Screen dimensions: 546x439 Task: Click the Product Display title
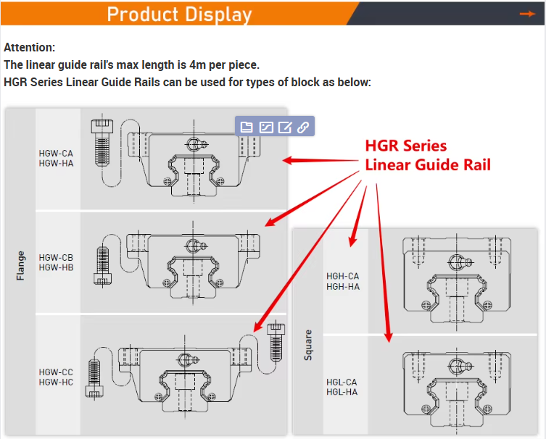(179, 14)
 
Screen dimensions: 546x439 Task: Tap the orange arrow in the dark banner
(527, 14)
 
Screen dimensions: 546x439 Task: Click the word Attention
(29, 47)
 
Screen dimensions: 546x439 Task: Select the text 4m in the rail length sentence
(198, 64)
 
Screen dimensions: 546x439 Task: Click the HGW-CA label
(56, 154)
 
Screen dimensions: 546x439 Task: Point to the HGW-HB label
(56, 267)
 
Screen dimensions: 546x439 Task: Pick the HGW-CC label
(56, 372)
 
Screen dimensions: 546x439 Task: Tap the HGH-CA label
(343, 276)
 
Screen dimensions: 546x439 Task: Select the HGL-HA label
(342, 392)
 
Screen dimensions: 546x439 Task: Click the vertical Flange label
(20, 265)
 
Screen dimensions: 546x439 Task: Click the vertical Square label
(308, 345)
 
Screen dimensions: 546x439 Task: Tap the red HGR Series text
(405, 146)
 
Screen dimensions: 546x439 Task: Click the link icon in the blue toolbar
(303, 127)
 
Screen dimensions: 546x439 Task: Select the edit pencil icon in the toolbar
(284, 127)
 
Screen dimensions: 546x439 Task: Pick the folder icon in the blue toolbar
(247, 127)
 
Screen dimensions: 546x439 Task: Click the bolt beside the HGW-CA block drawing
(102, 143)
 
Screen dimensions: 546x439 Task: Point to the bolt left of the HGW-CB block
(103, 265)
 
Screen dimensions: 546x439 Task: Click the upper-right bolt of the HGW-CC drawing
(276, 343)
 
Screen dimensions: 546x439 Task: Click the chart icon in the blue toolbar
(266, 127)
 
